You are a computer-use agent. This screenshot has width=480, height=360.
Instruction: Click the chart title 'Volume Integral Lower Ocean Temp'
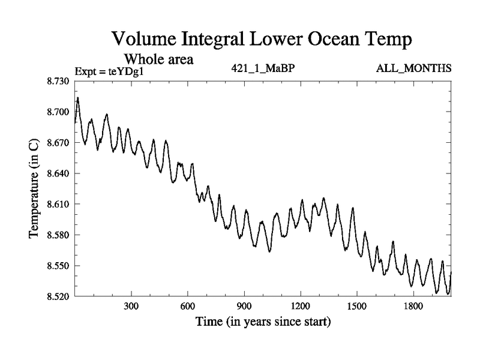[x=263, y=40]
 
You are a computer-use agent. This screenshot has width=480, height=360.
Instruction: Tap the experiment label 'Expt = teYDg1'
[x=110, y=71]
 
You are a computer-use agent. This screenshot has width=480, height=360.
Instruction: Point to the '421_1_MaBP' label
[x=263, y=68]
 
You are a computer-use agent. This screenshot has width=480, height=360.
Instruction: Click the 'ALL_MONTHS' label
[x=414, y=68]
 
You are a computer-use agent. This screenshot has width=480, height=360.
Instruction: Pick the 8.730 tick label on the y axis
[x=58, y=81]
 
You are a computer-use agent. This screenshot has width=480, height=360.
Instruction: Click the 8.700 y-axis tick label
[x=58, y=112]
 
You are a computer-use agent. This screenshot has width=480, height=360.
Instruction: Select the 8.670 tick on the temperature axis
[x=58, y=143]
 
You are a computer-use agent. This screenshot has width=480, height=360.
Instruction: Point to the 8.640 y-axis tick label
[x=58, y=173]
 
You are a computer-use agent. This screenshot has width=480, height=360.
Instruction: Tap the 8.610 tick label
[x=58, y=204]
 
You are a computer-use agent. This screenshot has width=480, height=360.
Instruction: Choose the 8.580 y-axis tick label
[x=58, y=235]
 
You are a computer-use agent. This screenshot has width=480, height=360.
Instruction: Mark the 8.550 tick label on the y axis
[x=58, y=266]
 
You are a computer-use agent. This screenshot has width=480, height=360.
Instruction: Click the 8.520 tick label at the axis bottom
[x=58, y=296]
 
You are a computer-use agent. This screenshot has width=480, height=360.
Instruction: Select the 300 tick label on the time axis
[x=131, y=307]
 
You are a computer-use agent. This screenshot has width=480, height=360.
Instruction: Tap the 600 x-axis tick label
[x=188, y=307]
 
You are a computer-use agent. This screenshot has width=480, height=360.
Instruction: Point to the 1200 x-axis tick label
[x=301, y=307]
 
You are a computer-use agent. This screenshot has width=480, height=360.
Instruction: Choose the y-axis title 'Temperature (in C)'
[x=35, y=188]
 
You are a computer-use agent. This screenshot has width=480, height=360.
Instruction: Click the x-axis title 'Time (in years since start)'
[x=263, y=323]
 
